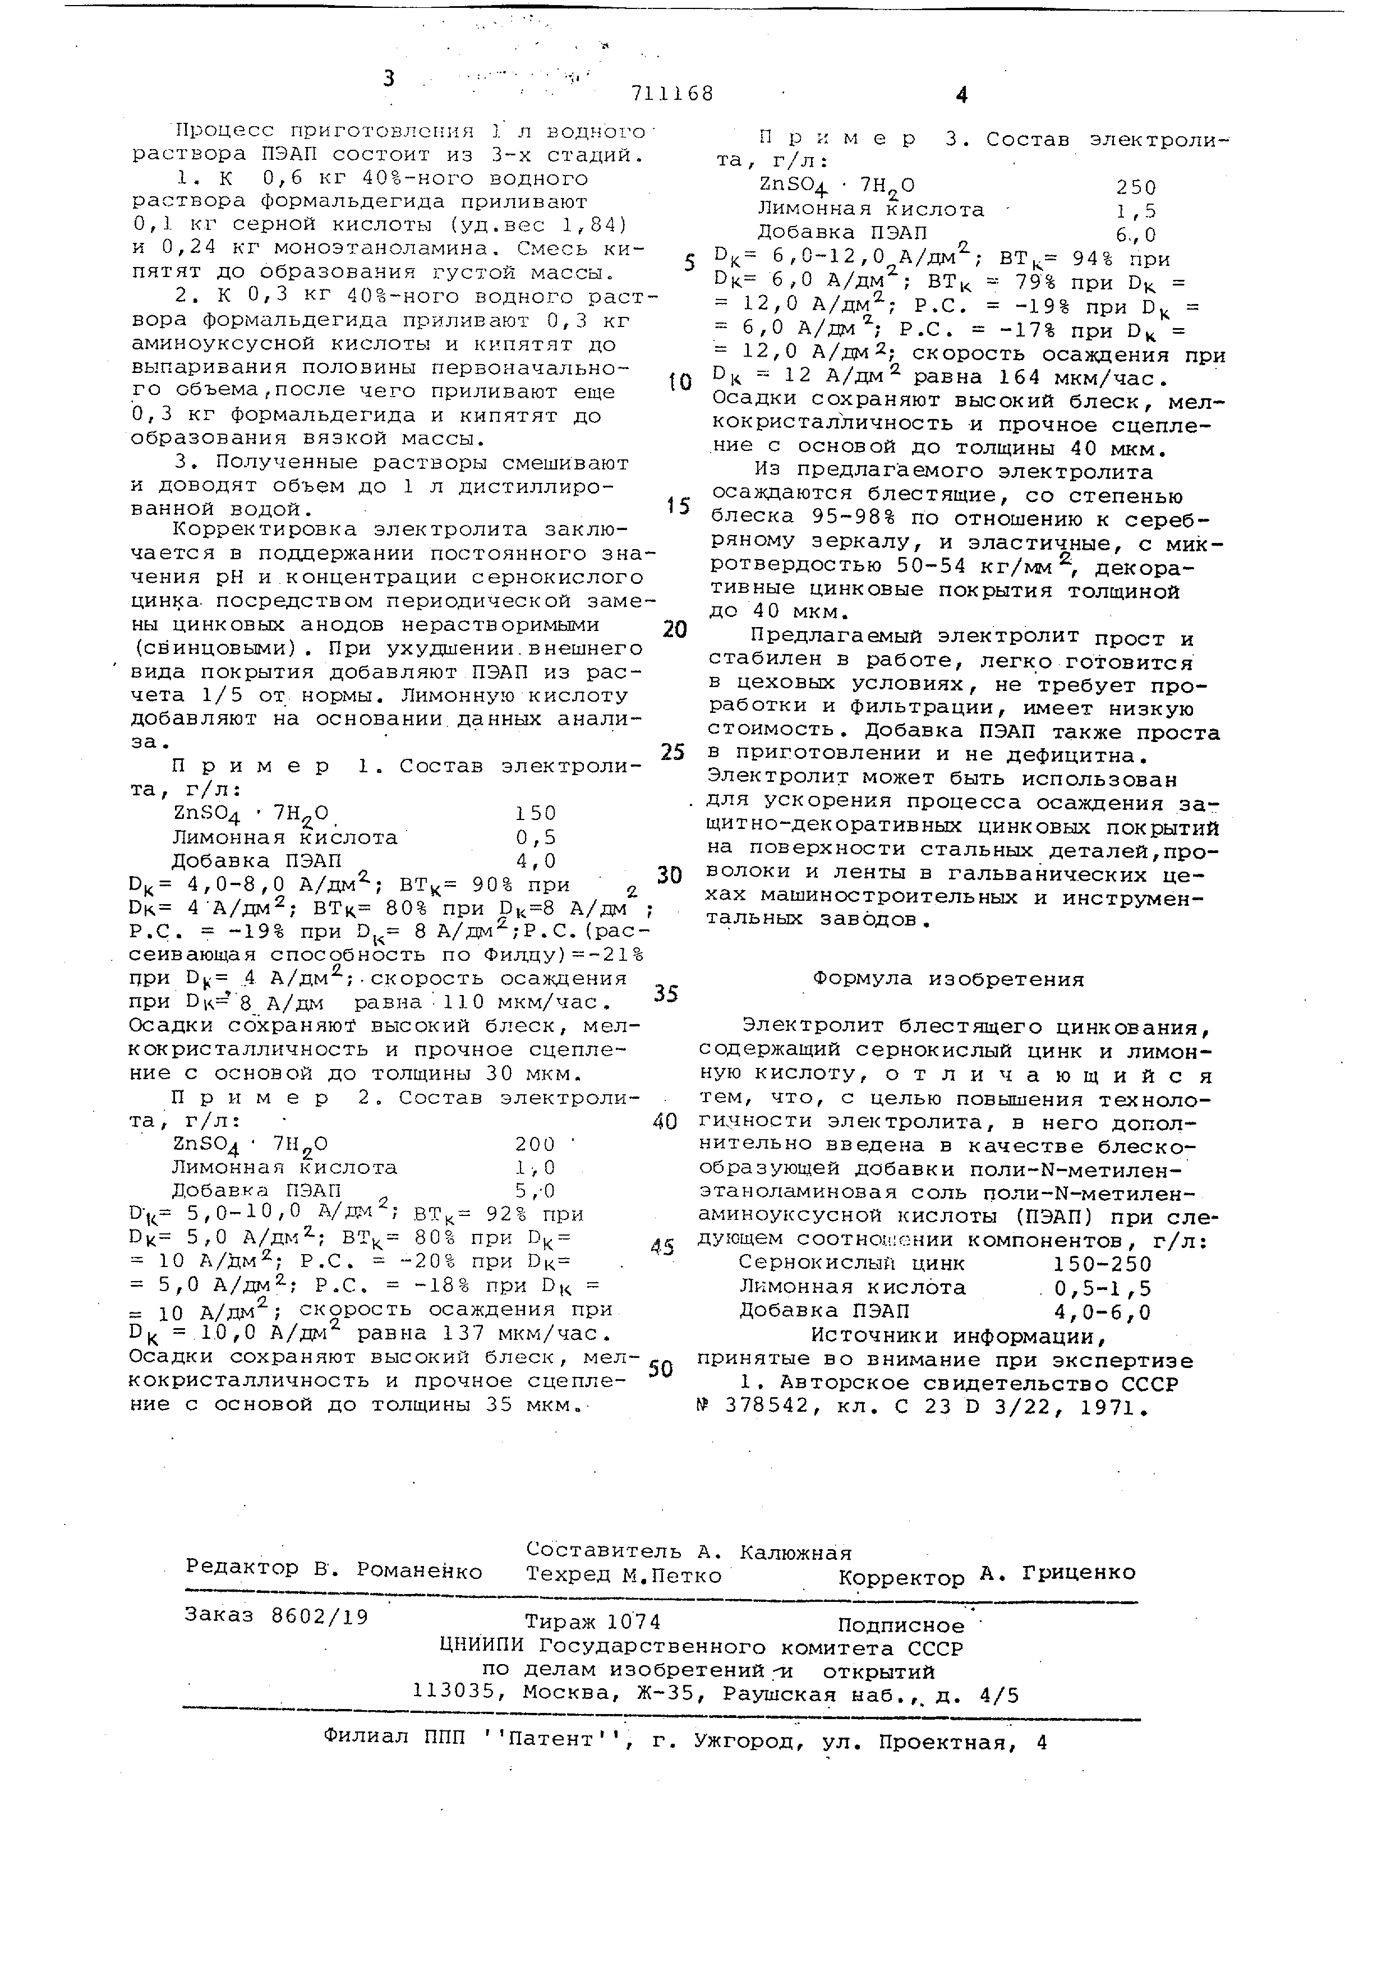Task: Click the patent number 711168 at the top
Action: (671, 93)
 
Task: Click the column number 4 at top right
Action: (961, 95)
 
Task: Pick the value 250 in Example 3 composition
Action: (1136, 187)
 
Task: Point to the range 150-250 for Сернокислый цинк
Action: (1102, 1264)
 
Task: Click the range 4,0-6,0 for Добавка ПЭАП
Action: (1102, 1312)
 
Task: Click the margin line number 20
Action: (675, 630)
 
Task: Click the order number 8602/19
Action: (319, 1616)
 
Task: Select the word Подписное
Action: (901, 1625)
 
